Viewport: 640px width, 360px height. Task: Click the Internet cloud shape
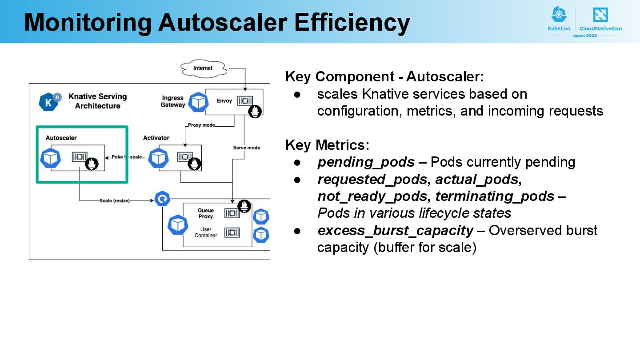click(204, 68)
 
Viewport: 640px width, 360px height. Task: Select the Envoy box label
click(224, 101)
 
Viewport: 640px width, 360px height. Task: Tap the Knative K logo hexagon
click(49, 102)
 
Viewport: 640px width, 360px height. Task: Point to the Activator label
click(156, 138)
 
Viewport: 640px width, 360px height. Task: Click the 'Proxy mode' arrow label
click(201, 125)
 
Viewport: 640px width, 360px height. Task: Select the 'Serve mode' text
click(247, 148)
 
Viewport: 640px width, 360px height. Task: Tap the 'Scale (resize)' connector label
click(114, 201)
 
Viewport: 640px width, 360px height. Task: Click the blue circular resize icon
click(162, 199)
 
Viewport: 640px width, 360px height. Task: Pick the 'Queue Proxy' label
click(206, 213)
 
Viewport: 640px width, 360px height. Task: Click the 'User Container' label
click(206, 232)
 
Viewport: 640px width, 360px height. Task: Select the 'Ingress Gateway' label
click(173, 101)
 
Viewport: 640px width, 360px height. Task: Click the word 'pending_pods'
click(366, 163)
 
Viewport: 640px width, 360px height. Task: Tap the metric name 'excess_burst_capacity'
click(396, 231)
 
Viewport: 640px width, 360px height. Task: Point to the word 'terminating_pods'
click(495, 196)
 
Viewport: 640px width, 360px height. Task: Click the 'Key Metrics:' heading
click(328, 145)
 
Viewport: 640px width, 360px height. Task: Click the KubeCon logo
click(559, 19)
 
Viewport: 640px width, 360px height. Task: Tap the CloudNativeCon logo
click(600, 19)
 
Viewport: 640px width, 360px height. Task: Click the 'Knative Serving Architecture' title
click(97, 101)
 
